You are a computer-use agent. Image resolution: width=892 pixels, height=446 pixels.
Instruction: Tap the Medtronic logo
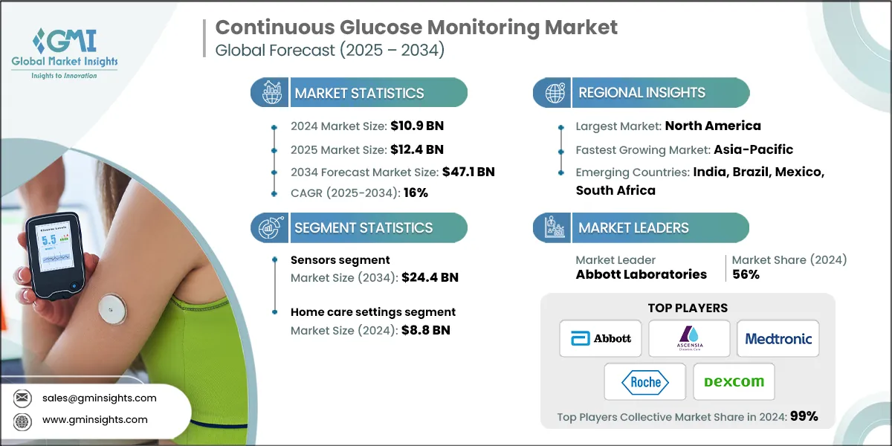click(778, 338)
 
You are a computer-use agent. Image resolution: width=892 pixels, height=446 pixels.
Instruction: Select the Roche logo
click(644, 381)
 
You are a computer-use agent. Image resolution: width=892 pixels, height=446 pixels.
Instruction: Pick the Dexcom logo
click(733, 381)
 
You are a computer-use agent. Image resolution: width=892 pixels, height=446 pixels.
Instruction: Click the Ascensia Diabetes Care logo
click(688, 338)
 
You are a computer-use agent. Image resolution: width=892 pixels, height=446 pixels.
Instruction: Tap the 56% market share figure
click(746, 274)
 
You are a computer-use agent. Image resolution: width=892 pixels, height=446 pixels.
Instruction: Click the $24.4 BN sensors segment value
click(430, 277)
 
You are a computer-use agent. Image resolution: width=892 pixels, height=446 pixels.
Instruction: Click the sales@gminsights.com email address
click(99, 398)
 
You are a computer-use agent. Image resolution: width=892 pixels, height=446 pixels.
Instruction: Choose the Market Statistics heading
click(359, 93)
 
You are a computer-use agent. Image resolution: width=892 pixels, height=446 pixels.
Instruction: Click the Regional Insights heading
click(641, 93)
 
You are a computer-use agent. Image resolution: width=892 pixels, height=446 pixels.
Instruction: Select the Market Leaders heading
click(634, 228)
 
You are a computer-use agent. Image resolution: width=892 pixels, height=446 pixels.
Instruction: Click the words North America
click(713, 126)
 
